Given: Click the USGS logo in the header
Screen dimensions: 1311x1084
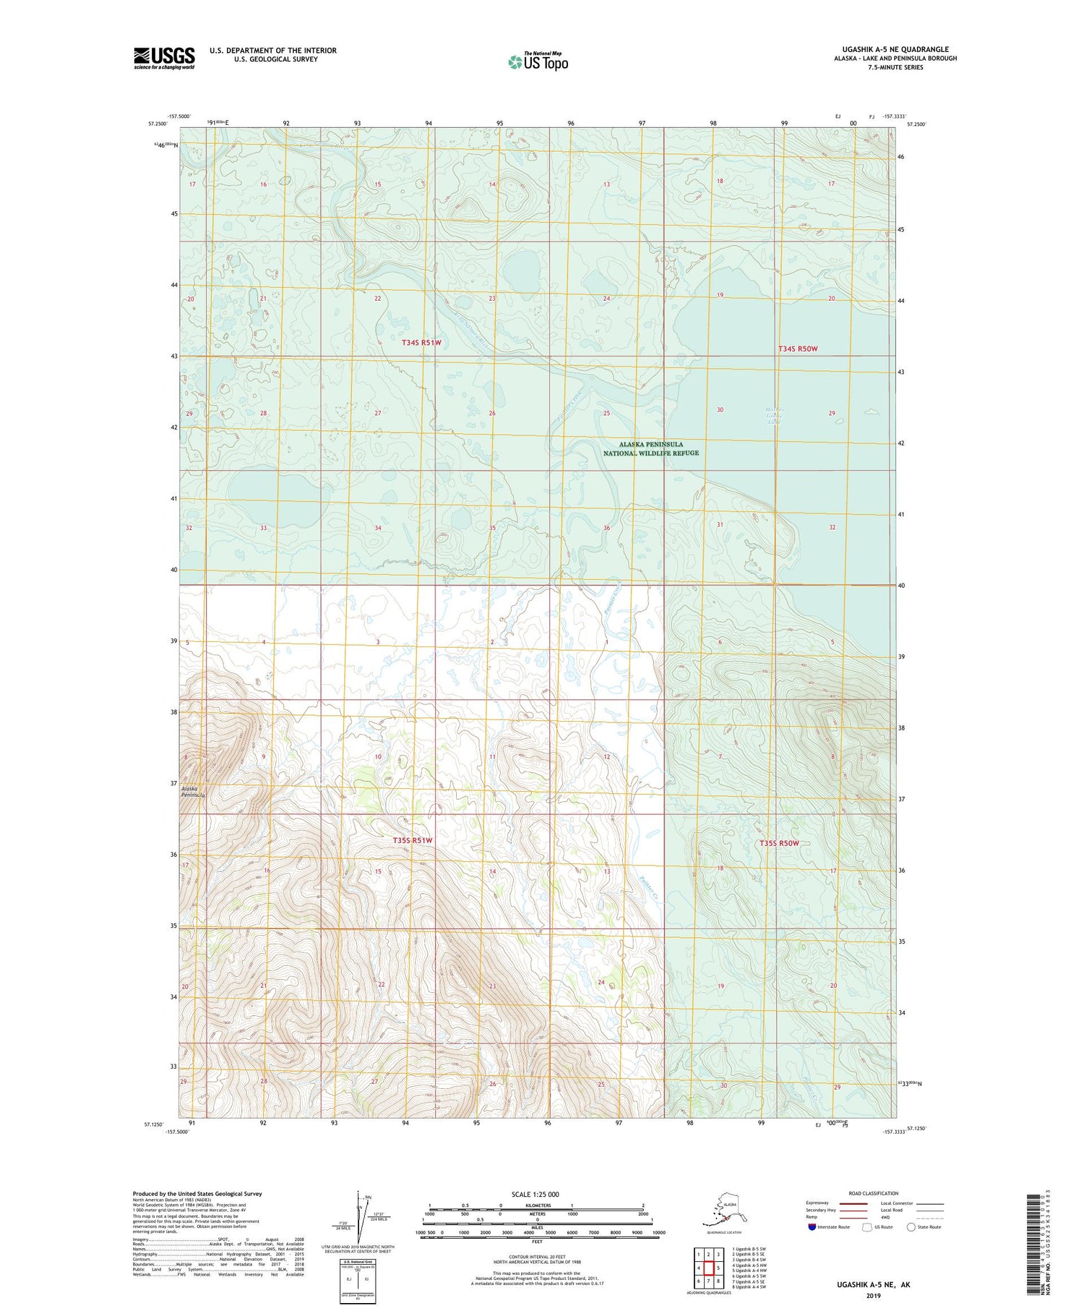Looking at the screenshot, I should pyautogui.click(x=164, y=58).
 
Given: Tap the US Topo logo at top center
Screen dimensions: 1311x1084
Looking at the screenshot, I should pyautogui.click(x=538, y=61).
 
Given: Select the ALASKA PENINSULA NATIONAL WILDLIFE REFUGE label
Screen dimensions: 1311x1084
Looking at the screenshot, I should pyautogui.click(x=650, y=448).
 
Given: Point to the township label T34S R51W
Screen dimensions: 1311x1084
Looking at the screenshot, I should pyautogui.click(x=421, y=343).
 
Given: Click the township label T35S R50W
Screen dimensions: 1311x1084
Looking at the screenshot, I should pyautogui.click(x=778, y=843).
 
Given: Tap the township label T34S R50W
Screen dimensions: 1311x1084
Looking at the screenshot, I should pyautogui.click(x=797, y=349).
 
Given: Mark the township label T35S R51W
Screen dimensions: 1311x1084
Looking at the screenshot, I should pyautogui.click(x=412, y=840).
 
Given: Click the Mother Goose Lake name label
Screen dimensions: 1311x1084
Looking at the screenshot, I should pyautogui.click(x=774, y=417).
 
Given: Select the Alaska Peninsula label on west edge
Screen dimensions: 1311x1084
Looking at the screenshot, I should pyautogui.click(x=193, y=791).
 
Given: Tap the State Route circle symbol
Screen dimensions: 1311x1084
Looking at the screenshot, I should pyautogui.click(x=911, y=1226).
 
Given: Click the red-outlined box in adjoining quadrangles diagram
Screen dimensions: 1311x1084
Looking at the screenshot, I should pyautogui.click(x=709, y=1268).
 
